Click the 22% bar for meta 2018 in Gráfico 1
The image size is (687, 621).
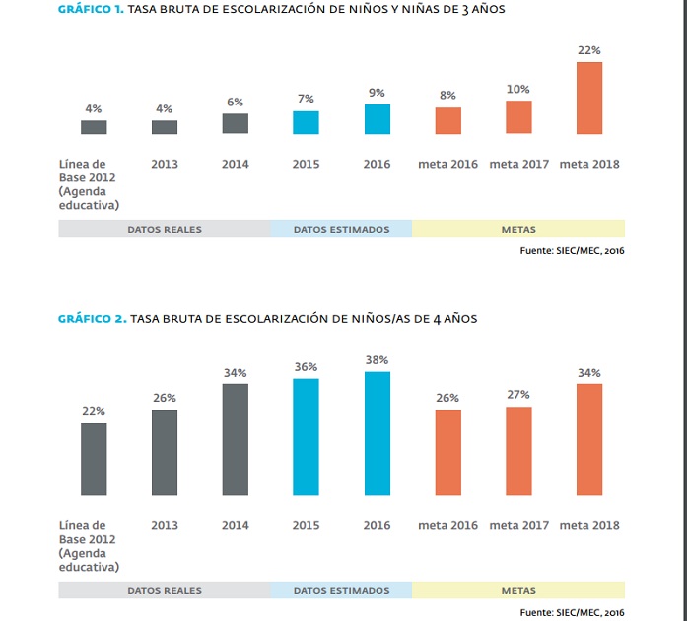pyautogui.click(x=589, y=98)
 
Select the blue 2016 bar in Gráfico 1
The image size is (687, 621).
pyautogui.click(x=377, y=118)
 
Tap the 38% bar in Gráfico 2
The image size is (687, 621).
pyautogui.click(x=377, y=433)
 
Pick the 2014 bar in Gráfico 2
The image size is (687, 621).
pyautogui.click(x=236, y=440)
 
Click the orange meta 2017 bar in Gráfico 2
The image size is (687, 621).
pyautogui.click(x=518, y=450)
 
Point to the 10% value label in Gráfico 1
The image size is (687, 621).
pyautogui.click(x=518, y=89)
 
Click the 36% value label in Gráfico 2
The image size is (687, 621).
pyautogui.click(x=306, y=366)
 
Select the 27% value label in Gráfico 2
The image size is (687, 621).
pyautogui.click(x=518, y=394)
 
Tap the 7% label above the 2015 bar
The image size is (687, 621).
pyautogui.click(x=306, y=99)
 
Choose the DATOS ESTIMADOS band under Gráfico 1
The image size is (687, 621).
pyautogui.click(x=341, y=229)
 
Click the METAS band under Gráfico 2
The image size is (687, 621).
pyautogui.click(x=518, y=590)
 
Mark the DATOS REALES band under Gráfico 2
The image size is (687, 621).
pyautogui.click(x=165, y=590)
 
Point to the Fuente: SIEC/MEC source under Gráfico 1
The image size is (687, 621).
pyautogui.click(x=572, y=250)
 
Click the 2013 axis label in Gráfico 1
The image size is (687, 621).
pyautogui.click(x=165, y=164)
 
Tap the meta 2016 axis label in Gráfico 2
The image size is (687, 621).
pyautogui.click(x=447, y=525)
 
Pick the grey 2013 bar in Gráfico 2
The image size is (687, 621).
pyautogui.click(x=165, y=452)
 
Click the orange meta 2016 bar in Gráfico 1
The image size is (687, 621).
pyautogui.click(x=447, y=120)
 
